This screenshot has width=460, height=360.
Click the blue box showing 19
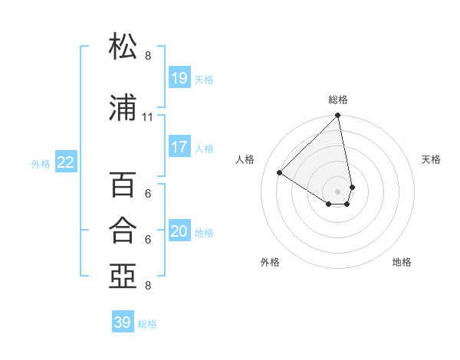coord(179,78)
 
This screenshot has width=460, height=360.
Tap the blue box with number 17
coord(179,147)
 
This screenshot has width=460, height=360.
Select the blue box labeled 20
coord(179,231)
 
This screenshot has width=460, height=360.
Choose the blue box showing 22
coord(66,162)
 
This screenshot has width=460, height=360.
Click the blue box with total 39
coord(123,322)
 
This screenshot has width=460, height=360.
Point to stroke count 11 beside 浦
coord(148,117)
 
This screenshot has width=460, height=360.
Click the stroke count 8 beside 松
coord(148,56)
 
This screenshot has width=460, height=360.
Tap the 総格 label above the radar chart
coord(338,100)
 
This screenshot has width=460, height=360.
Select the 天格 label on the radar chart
coord(431,159)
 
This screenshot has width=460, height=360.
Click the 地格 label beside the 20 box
coord(205,232)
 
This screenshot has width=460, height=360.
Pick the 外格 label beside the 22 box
coord(41,163)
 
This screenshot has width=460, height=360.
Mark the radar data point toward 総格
coord(338,116)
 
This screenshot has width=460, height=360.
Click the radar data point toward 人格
coord(280,172)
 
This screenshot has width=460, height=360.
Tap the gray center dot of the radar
coord(338,191)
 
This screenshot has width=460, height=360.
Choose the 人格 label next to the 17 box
coord(205,148)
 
